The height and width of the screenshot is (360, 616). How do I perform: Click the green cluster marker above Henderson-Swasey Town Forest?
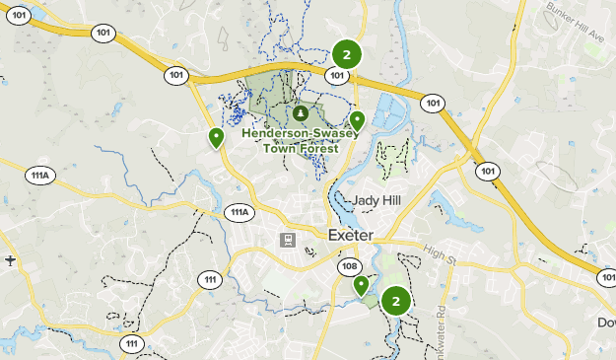point(346,54)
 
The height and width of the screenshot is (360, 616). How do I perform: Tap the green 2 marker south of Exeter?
point(395,301)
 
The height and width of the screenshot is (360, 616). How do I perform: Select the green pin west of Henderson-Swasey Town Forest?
point(216,138)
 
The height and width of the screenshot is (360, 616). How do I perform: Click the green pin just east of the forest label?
point(357,121)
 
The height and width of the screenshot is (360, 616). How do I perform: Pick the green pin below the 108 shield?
point(362,285)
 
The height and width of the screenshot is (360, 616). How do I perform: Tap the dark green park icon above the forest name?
point(301,112)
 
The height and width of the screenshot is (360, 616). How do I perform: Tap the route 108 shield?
point(349,267)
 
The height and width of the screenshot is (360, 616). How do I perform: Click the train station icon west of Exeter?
point(288,239)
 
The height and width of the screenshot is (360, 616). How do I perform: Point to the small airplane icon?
point(10,261)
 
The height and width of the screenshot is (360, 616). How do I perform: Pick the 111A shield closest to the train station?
point(240,212)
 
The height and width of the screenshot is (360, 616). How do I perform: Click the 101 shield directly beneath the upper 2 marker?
point(338,75)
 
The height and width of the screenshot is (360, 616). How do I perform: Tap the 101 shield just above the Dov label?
point(604,278)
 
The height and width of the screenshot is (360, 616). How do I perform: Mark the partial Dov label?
point(605,323)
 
